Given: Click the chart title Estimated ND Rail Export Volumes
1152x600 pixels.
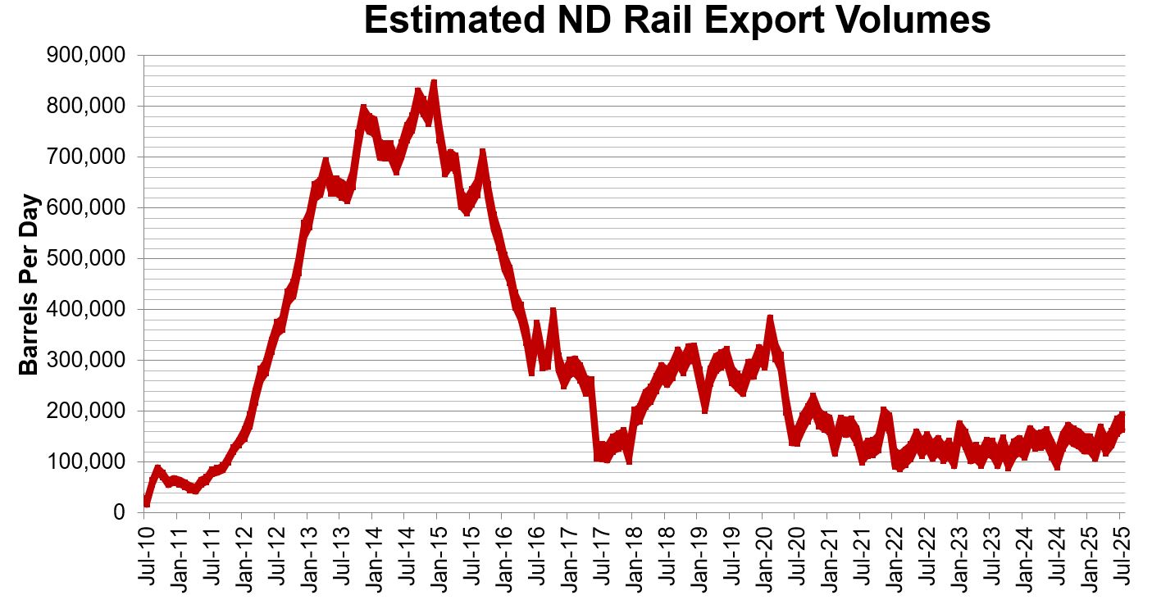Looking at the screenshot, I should point(676,21).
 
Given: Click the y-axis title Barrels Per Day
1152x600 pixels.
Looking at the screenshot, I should point(30,284).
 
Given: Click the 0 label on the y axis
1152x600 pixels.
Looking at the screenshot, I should point(120,513).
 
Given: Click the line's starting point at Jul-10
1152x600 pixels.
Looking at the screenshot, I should point(146,502).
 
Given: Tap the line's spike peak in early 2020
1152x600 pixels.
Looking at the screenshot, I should point(769,319).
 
